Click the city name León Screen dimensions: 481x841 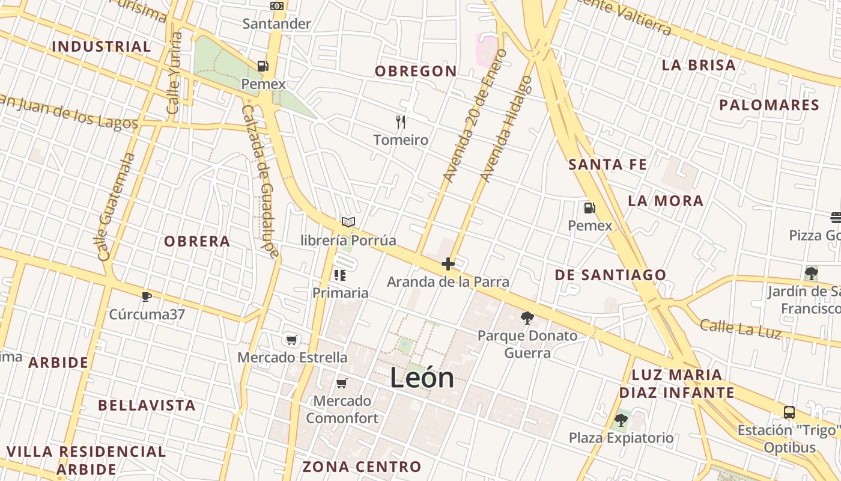click(422, 378)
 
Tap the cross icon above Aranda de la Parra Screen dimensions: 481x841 click(448, 264)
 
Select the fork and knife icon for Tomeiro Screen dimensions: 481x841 click(401, 123)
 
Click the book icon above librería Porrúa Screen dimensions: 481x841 click(348, 222)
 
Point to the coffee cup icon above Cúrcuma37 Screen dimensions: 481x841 click(146, 296)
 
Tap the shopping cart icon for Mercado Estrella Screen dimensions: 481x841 click(292, 340)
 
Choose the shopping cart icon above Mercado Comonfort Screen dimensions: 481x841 click(342, 383)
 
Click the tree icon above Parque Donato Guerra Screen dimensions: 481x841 click(527, 317)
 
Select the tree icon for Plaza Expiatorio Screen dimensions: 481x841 click(621, 420)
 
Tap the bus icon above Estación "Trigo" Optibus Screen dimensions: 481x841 click(789, 412)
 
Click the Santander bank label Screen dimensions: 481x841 click(277, 24)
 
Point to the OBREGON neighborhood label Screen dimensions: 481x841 click(416, 71)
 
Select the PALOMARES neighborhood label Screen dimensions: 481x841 click(769, 105)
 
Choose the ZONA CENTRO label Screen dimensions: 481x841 click(362, 467)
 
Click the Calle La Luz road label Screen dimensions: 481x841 click(741, 329)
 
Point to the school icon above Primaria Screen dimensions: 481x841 click(340, 275)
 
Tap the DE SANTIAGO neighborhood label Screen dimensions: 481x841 click(610, 275)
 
